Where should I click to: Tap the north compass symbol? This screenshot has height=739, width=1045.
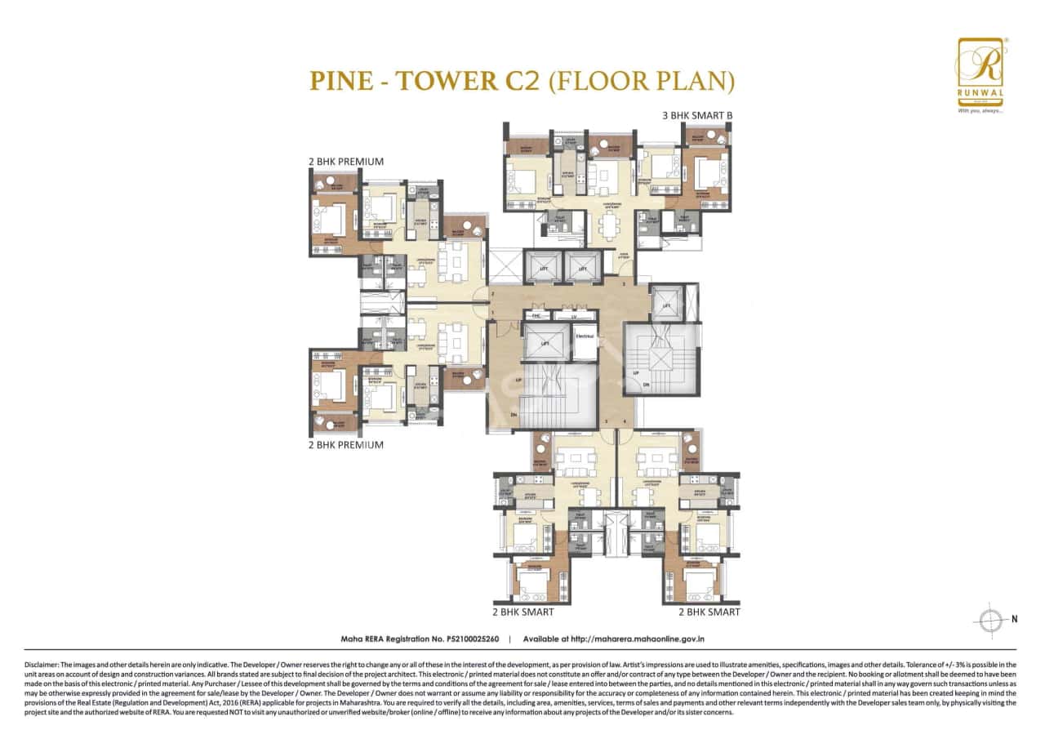point(993,619)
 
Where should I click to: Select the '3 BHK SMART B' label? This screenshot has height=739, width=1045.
point(697,116)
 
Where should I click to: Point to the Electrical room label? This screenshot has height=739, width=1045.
point(584,336)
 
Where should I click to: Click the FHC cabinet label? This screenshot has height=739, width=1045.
point(536,315)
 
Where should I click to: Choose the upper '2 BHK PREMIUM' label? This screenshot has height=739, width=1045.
point(346,162)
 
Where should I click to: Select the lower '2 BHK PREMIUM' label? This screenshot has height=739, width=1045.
point(346,445)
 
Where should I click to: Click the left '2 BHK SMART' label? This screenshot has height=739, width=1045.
point(523,612)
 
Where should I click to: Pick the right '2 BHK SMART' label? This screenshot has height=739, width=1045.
point(709,612)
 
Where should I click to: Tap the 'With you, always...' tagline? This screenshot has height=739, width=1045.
point(980,110)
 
